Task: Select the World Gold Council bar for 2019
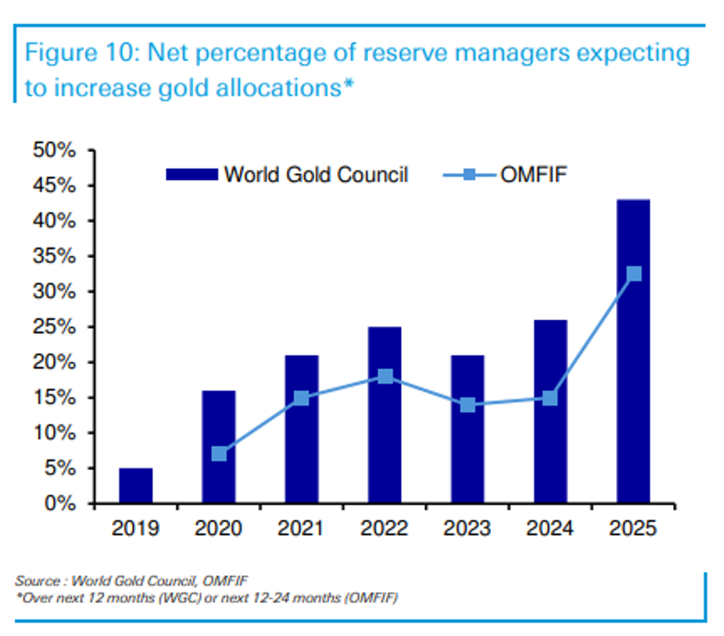[136, 485]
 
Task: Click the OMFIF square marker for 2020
[219, 454]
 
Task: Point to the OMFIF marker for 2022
[385, 376]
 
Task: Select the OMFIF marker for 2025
[634, 274]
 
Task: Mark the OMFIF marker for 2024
[550, 398]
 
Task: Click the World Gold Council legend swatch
[192, 174]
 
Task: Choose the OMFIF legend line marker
[469, 174]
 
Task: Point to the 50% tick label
[54, 150]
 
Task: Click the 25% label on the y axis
[54, 327]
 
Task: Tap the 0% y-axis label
[60, 504]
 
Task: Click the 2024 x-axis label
[550, 528]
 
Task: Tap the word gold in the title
[184, 88]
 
